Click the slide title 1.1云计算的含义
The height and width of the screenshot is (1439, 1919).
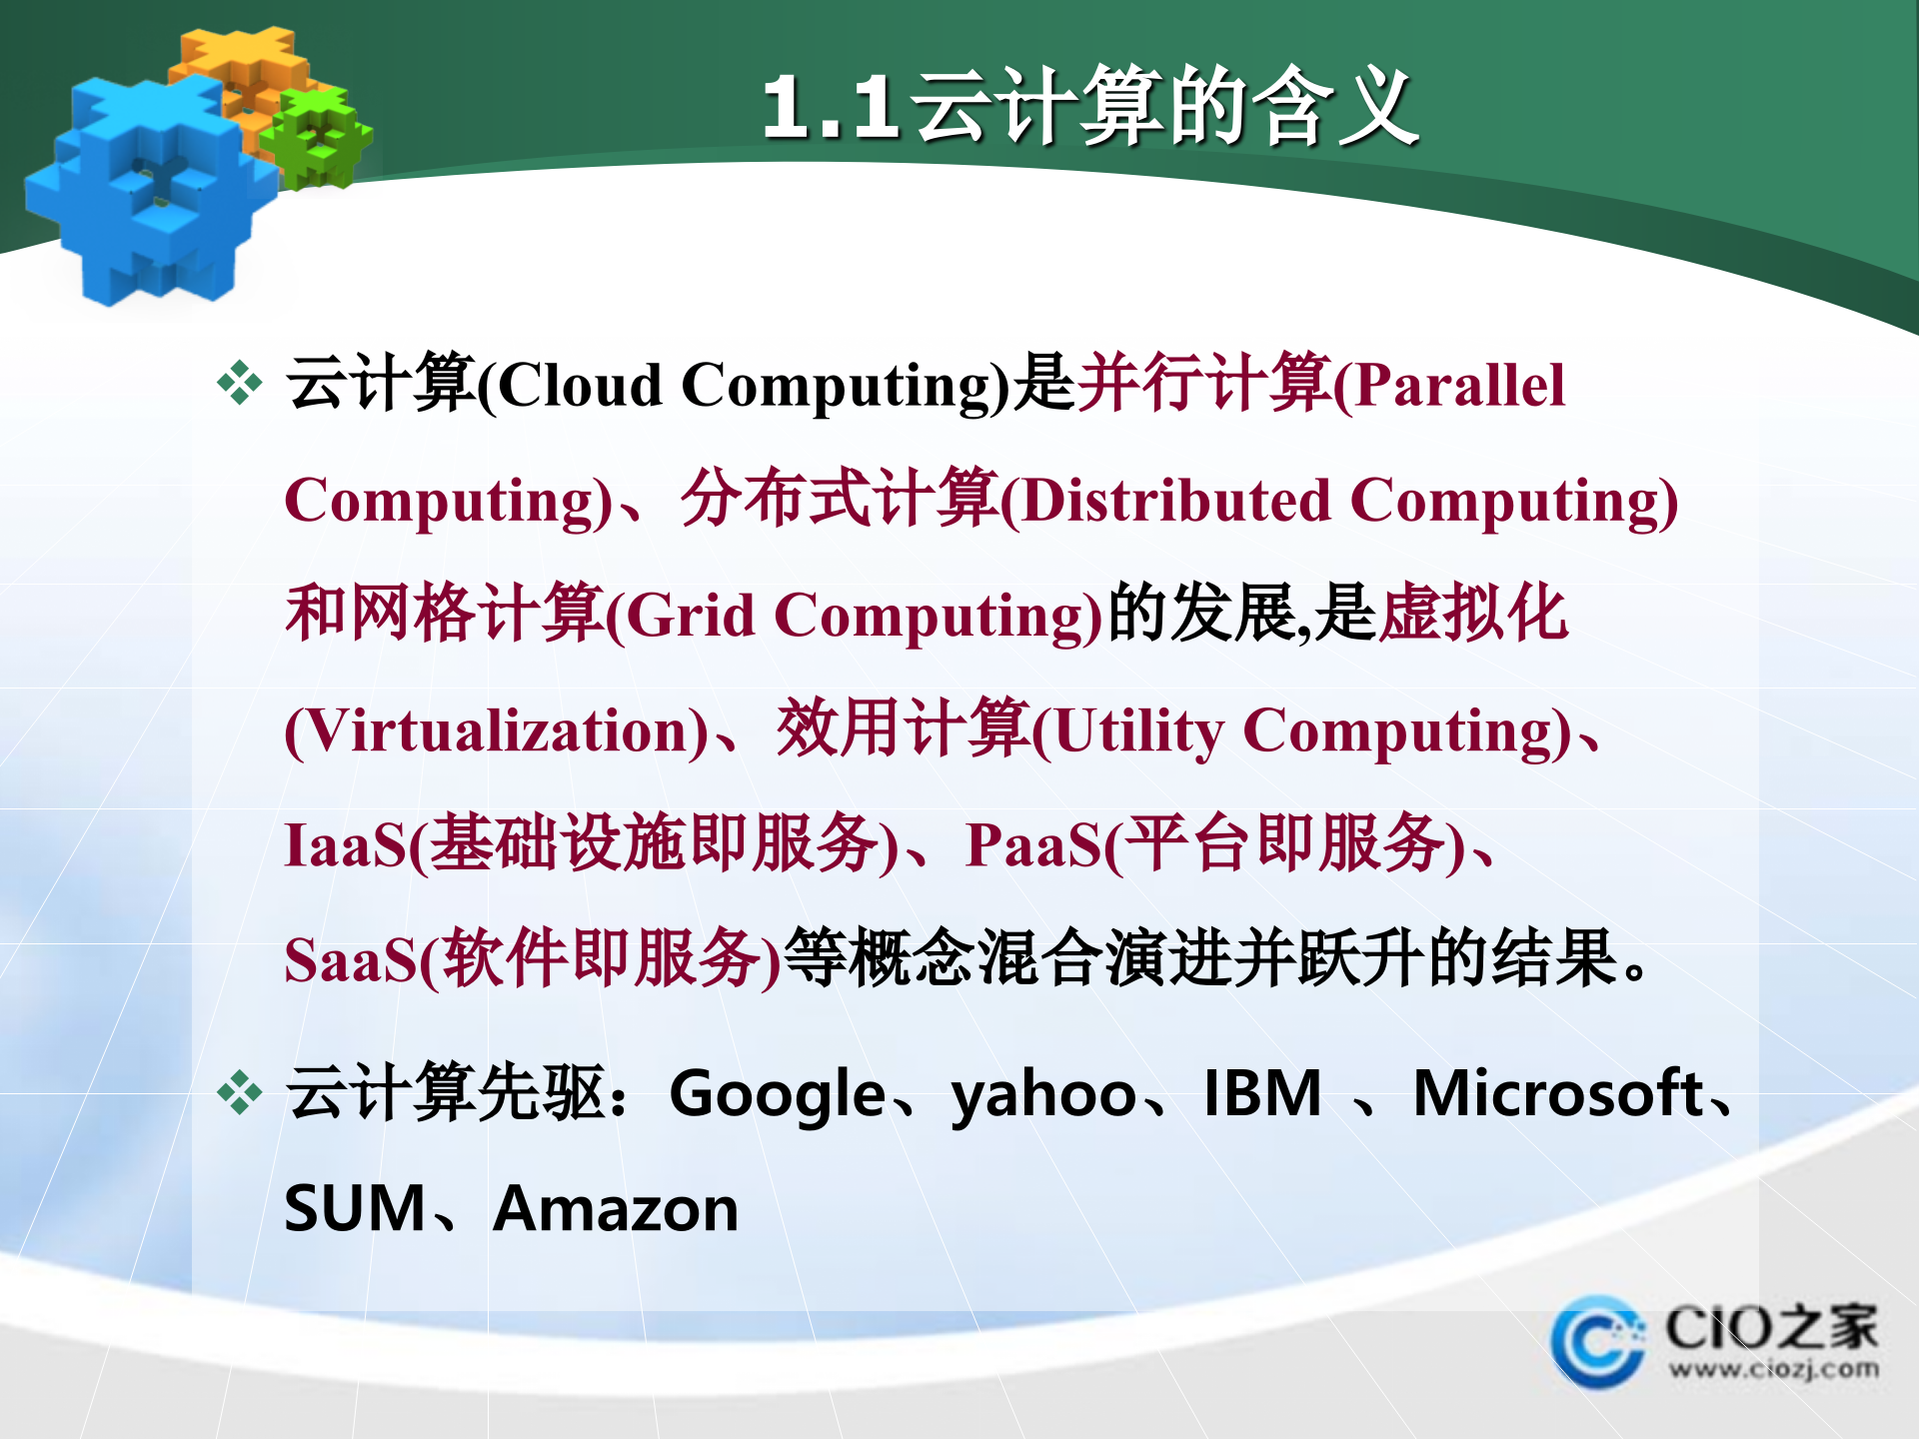point(1089,107)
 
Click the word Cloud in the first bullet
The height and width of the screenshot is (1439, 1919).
point(580,386)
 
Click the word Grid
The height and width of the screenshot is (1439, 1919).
point(690,616)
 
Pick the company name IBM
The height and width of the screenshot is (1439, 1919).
point(1262,1093)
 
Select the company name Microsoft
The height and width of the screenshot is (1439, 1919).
point(1557,1093)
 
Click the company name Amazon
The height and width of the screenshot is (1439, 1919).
point(616,1209)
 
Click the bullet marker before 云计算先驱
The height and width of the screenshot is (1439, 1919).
point(240,1092)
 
